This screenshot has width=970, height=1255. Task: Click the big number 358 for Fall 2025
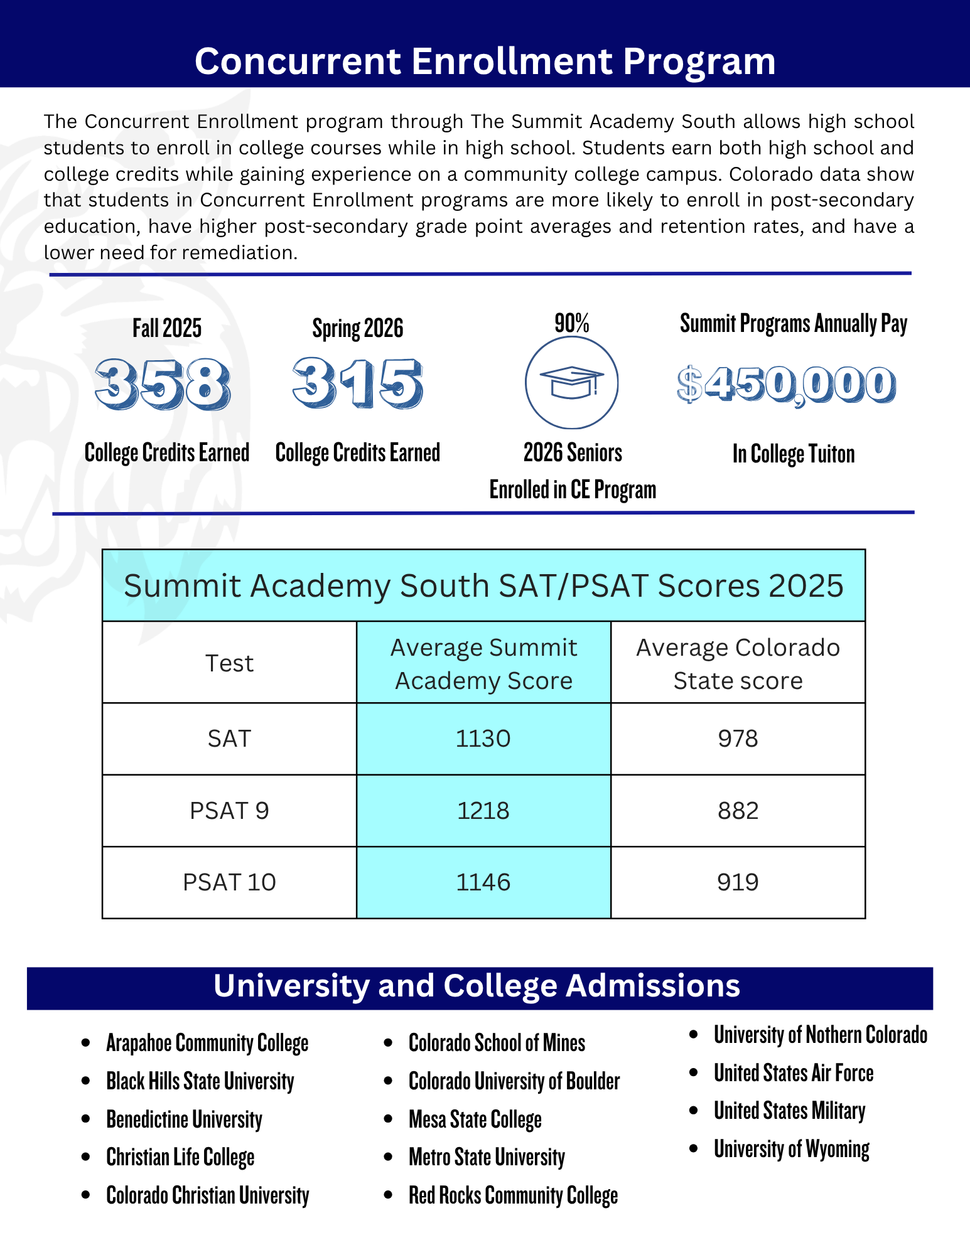[163, 383]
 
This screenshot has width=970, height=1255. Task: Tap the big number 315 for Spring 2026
[358, 383]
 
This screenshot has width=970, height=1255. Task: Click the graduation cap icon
[572, 383]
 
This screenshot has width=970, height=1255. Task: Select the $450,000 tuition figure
[787, 385]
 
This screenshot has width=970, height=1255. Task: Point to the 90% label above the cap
[572, 324]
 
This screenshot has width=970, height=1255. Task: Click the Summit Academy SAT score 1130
[483, 739]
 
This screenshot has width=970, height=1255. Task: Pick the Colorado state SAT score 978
[738, 739]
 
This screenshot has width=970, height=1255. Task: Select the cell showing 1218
[483, 811]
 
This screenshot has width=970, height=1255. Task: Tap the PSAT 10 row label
[229, 882]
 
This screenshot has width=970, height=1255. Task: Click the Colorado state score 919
[738, 882]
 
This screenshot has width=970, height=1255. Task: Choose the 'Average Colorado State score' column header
[738, 664]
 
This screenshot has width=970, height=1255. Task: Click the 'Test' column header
[229, 663]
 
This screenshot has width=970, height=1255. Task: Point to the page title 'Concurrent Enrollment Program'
[485, 61]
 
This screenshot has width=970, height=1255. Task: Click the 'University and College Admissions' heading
[477, 986]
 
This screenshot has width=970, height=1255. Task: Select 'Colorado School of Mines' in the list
[497, 1043]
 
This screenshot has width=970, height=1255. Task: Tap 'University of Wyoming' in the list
[792, 1150]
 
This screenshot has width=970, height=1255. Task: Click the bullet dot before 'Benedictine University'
[86, 1119]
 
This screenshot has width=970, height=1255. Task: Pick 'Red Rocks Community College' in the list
[513, 1195]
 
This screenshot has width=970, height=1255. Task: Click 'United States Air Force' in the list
[794, 1073]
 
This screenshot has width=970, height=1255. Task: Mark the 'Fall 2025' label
[167, 329]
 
